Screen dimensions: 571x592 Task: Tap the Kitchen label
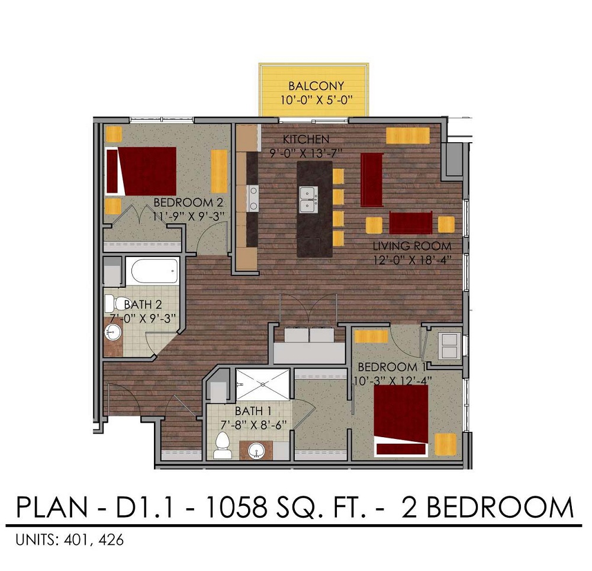coord(305,140)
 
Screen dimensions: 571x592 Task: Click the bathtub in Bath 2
coord(154,271)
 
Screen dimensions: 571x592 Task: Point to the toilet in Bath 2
coord(112,303)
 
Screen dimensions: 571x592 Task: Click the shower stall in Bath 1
coord(262,384)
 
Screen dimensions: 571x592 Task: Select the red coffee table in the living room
coord(411,223)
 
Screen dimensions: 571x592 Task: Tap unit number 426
coord(112,540)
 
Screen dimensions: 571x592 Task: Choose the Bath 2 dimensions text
coord(141,317)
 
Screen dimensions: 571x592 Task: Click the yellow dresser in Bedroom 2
coord(219,171)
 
